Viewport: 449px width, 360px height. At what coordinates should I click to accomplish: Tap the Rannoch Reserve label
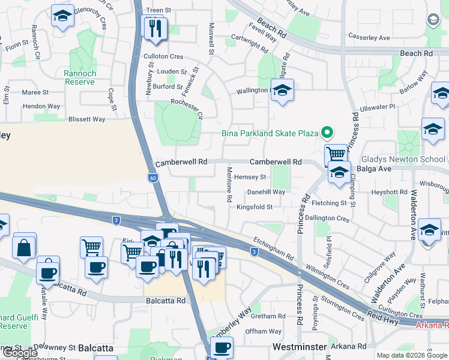click(x=80, y=77)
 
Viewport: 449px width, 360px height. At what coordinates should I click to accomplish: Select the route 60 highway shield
click(x=153, y=178)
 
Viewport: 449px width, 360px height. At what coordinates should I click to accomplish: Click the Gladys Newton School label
click(x=403, y=160)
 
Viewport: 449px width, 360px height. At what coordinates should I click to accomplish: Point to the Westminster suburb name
click(x=300, y=347)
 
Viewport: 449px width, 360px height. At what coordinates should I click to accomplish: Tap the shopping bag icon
click(x=24, y=247)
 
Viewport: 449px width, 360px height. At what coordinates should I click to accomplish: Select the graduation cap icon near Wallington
click(x=282, y=91)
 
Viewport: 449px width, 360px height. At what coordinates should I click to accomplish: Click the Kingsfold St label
click(x=255, y=207)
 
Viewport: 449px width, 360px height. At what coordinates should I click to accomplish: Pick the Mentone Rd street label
click(x=229, y=184)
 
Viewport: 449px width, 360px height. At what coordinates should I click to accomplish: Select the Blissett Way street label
click(x=86, y=119)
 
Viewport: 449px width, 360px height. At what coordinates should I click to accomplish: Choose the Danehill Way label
click(x=266, y=192)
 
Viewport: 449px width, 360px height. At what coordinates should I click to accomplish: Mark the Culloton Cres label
click(x=163, y=56)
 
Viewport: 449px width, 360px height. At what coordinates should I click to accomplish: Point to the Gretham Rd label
click(x=268, y=316)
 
